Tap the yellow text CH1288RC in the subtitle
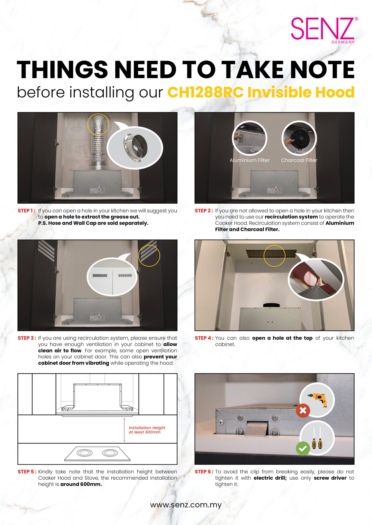[x=205, y=92]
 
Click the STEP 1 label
[x=26, y=211]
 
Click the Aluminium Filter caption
[x=250, y=160]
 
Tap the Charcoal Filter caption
[x=299, y=160]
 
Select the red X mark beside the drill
[x=303, y=410]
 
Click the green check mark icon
[x=303, y=449]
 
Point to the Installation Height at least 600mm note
[x=147, y=430]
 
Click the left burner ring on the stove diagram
[x=84, y=453]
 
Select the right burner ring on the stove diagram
[x=110, y=453]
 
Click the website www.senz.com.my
[x=186, y=505]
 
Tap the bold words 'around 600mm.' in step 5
[x=81, y=484]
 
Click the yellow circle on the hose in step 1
[x=98, y=125]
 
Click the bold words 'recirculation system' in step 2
[x=291, y=217]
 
